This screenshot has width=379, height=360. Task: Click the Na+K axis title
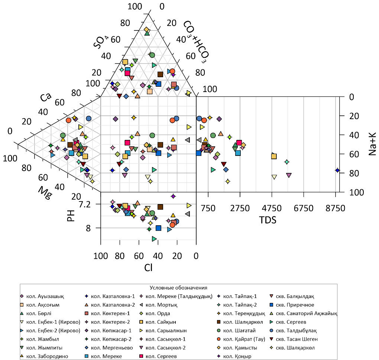[x=372, y=145]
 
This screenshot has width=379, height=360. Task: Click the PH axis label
[x=71, y=216]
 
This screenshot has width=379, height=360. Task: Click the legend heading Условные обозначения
[x=178, y=288]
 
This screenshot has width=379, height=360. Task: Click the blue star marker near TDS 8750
[x=337, y=170]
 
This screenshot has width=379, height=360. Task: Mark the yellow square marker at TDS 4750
[x=274, y=156]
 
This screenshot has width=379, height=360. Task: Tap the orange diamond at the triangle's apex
[x=146, y=30]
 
